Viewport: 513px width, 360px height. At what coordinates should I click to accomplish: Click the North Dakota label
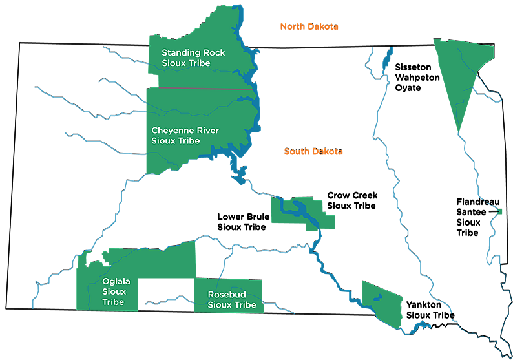click(309, 27)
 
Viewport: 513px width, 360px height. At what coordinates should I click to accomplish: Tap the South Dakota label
click(313, 152)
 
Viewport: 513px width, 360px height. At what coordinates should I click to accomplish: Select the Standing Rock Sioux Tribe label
click(193, 58)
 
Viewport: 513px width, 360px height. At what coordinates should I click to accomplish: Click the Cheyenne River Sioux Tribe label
click(185, 136)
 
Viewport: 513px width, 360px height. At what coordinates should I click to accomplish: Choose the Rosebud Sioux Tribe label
click(231, 300)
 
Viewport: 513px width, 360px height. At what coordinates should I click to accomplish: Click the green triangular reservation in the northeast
click(462, 74)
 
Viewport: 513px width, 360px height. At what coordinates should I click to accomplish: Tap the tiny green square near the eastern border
click(499, 211)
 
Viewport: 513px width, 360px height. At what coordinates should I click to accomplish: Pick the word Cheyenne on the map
click(171, 131)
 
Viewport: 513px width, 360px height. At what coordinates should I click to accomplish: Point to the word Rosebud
click(226, 295)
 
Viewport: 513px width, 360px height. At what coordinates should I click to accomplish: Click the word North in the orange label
click(291, 27)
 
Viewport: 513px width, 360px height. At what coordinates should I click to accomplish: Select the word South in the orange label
click(297, 152)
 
